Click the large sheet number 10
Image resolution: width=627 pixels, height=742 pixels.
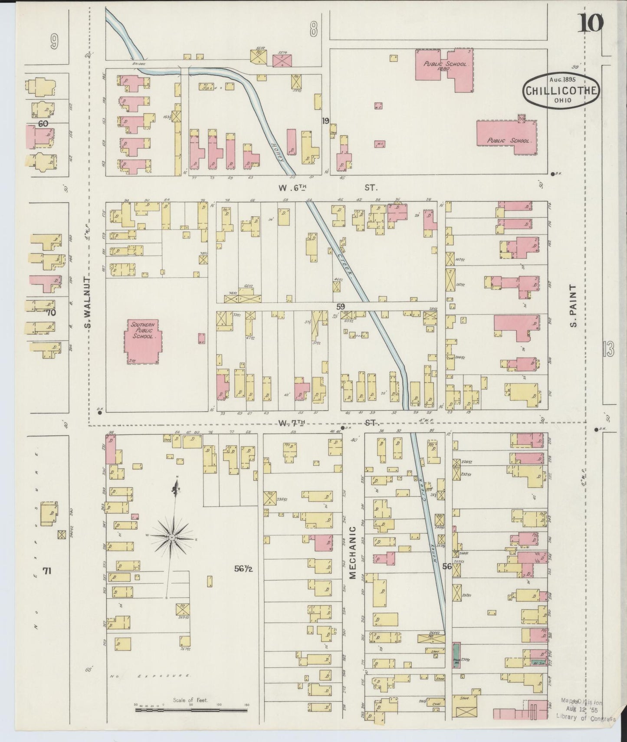(590, 23)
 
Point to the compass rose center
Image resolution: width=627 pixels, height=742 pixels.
(172, 537)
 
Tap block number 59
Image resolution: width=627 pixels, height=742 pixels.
(341, 307)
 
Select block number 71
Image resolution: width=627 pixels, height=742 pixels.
(47, 571)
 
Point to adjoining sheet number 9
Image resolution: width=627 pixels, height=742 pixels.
(53, 42)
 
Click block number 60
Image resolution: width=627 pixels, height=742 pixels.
(43, 124)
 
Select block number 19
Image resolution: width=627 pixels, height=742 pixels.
(325, 121)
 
